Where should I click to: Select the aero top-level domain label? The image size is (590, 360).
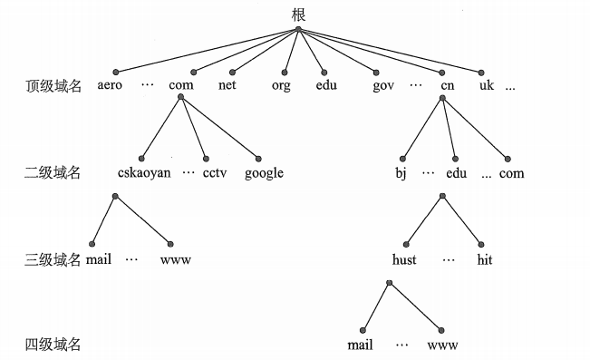tap(111, 86)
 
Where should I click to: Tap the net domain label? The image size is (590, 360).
tap(227, 86)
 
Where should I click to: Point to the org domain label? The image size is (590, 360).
tap(282, 86)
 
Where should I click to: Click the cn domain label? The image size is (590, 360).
tap(447, 86)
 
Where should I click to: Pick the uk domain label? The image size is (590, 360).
tap(488, 86)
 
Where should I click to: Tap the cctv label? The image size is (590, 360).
tap(215, 172)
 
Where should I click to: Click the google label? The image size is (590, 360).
tap(264, 172)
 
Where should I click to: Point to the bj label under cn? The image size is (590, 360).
tap(401, 172)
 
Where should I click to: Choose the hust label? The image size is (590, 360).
tap(405, 259)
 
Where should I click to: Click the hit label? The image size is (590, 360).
tap(484, 259)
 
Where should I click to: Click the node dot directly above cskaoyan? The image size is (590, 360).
tap(143, 157)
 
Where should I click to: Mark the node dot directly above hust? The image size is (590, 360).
tap(407, 243)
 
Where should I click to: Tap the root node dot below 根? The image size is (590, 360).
tap(298, 29)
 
